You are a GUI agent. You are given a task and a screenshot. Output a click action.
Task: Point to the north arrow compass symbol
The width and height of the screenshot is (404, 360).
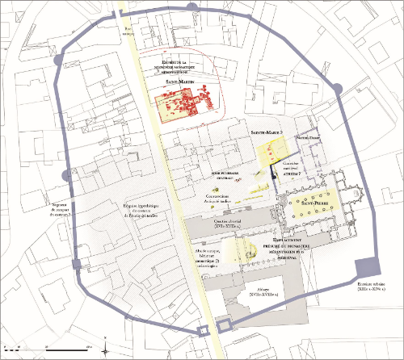(x=110, y=345)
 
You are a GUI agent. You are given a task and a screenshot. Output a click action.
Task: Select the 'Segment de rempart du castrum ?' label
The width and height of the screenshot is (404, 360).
(x=60, y=209)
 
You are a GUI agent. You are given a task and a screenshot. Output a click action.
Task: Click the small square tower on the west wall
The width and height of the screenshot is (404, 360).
(x=78, y=266)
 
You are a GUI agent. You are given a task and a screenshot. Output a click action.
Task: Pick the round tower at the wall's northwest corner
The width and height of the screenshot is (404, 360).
(x=56, y=61)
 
